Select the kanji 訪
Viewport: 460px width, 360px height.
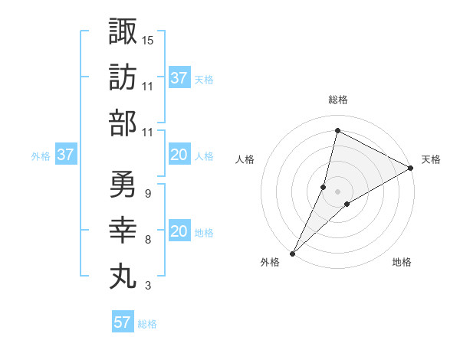click(123, 77)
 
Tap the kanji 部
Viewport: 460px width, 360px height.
click(123, 123)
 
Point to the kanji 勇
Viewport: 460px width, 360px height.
click(123, 184)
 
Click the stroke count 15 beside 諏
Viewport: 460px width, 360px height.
click(148, 39)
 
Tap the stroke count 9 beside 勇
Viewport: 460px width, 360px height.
click(147, 193)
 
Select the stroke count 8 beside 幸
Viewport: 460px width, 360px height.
click(147, 240)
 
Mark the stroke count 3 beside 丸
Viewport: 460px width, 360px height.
click(147, 286)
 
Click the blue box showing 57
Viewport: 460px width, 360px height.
click(123, 322)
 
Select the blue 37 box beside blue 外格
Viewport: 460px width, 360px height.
click(66, 155)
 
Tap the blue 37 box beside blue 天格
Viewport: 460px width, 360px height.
click(179, 78)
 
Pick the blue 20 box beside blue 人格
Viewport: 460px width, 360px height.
click(179, 155)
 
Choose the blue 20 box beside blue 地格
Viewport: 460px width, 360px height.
click(179, 232)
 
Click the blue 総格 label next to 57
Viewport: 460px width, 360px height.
click(147, 323)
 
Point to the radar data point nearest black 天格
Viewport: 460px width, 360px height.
click(411, 168)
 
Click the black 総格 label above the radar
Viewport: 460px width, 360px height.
click(337, 100)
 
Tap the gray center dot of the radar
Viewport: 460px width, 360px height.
click(337, 191)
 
